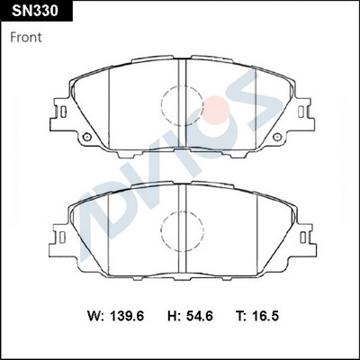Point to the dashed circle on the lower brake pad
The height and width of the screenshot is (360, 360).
pos(184,232)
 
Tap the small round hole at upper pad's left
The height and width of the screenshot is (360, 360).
pos(86,137)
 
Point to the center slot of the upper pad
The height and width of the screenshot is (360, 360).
pos(184,72)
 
